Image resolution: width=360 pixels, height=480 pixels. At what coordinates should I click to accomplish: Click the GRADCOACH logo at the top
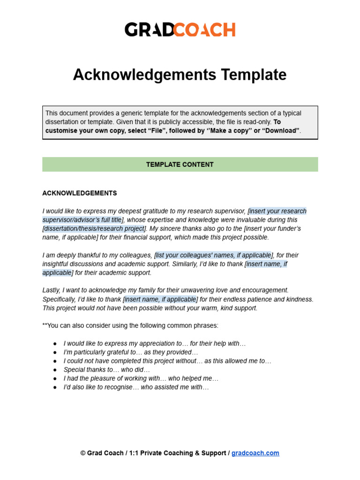pyautogui.click(x=180, y=30)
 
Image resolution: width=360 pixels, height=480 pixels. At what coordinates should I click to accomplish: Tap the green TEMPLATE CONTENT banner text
pyautogui.click(x=180, y=165)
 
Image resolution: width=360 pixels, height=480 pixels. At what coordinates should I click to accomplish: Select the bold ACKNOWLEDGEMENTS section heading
pyautogui.click(x=80, y=193)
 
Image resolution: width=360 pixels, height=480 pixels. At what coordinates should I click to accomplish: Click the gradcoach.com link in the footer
pyautogui.click(x=255, y=453)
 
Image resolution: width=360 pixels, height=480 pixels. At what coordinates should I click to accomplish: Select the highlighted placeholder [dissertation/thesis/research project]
pyautogui.click(x=94, y=228)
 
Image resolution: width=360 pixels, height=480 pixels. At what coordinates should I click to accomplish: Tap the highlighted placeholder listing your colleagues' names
pyautogui.click(x=213, y=255)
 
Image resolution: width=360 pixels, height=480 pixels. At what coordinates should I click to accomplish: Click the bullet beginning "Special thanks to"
pyautogui.click(x=107, y=370)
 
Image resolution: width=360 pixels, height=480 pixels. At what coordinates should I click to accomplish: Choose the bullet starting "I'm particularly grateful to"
pyautogui.click(x=131, y=352)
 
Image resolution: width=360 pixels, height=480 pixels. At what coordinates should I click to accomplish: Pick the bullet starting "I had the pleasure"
pyautogui.click(x=141, y=378)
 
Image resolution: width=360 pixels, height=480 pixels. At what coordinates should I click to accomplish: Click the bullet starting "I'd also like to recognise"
pyautogui.click(x=136, y=387)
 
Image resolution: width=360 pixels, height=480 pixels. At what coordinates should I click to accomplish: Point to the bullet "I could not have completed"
pyautogui.click(x=167, y=361)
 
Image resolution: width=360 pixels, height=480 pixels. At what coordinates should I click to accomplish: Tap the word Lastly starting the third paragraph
pyautogui.click(x=51, y=290)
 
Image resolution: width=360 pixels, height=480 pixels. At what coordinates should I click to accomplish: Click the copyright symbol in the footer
pyautogui.click(x=83, y=453)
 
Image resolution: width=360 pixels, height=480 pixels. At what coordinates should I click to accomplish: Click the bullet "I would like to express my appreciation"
pyautogui.click(x=154, y=343)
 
